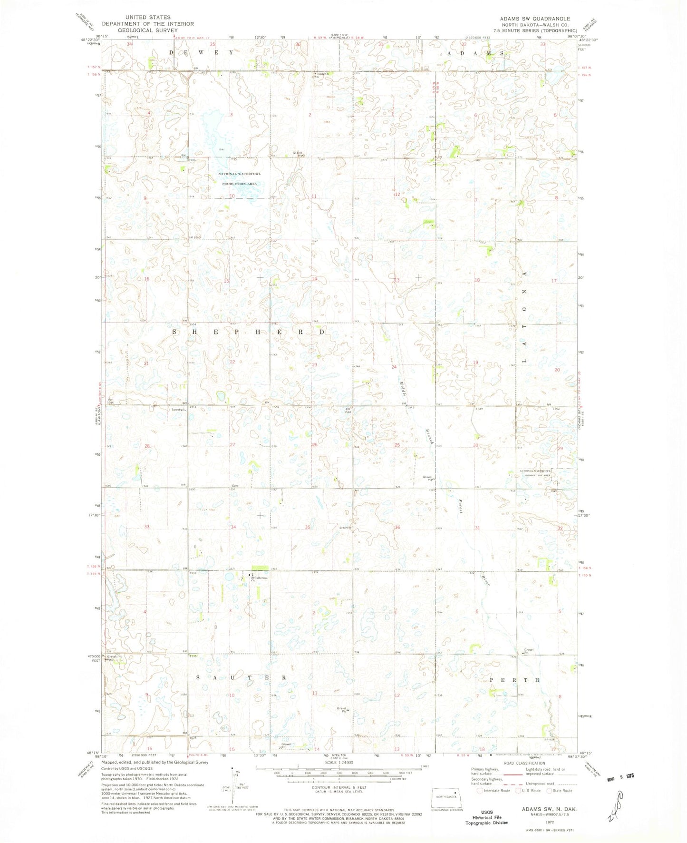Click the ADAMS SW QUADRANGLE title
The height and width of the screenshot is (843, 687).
tap(535, 19)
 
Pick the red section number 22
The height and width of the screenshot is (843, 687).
tap(232, 362)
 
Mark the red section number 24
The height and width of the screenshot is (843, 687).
tap(394, 367)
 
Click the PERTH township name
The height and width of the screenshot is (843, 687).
tap(515, 680)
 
